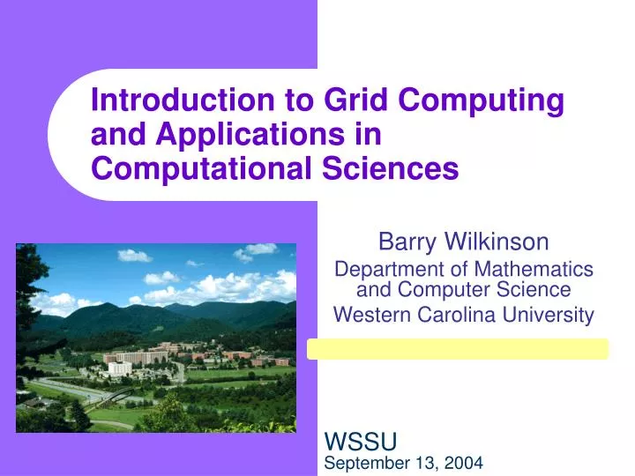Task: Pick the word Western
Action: point(370,314)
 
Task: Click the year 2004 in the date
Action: point(464,461)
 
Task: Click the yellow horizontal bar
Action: point(457,349)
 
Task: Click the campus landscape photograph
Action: point(156,337)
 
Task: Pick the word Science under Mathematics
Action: point(533,289)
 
